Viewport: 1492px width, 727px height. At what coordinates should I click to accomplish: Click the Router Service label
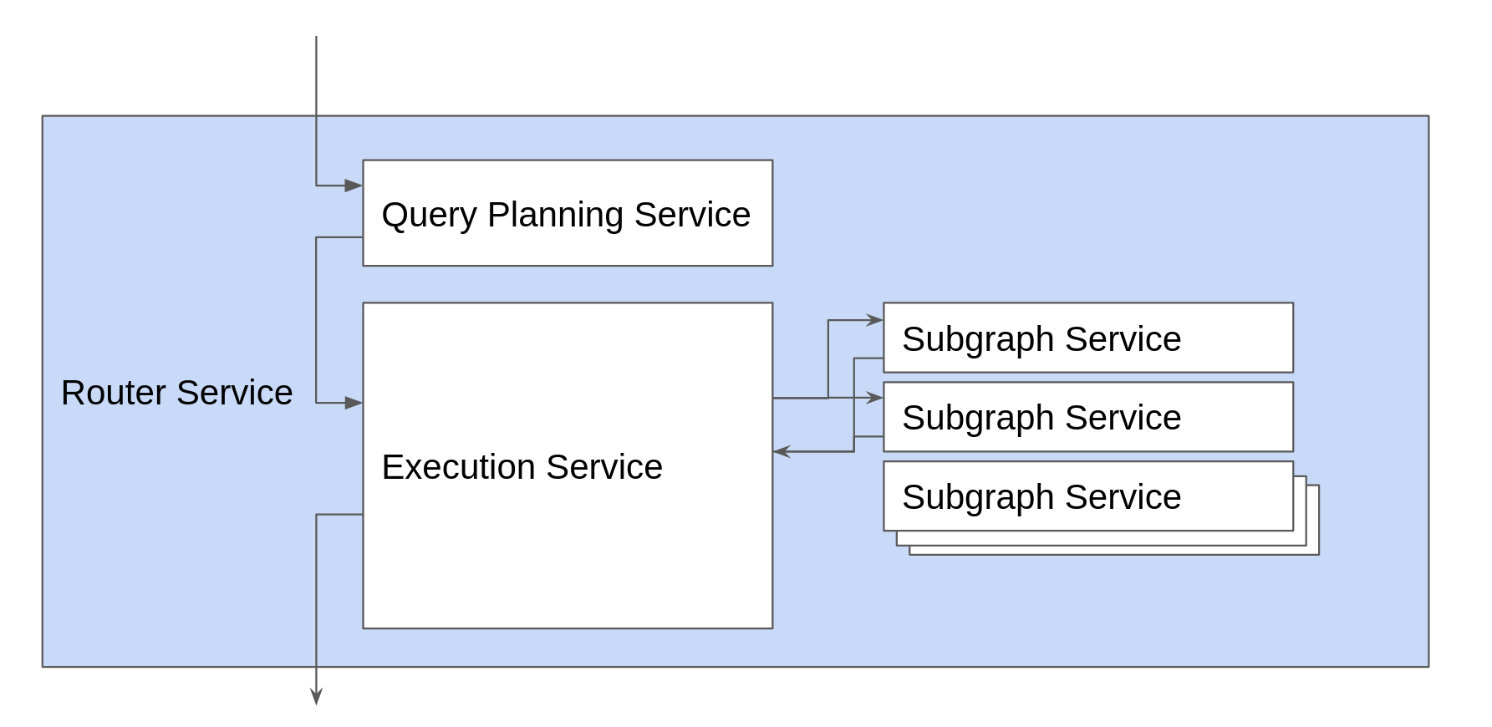[176, 393]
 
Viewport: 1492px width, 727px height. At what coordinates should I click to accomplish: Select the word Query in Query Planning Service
[430, 215]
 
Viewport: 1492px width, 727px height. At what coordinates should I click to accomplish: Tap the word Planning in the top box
[555, 215]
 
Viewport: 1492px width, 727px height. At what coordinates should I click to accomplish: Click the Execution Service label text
[522, 467]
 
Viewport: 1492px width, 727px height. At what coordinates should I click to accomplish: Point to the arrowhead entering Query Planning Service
[354, 186]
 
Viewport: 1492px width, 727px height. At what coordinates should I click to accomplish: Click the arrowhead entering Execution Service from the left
[354, 403]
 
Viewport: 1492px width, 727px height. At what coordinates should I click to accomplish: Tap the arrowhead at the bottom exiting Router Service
[316, 697]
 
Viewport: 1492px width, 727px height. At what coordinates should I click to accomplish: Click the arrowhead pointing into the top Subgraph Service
[875, 320]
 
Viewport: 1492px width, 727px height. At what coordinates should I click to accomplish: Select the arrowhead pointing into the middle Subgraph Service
[875, 398]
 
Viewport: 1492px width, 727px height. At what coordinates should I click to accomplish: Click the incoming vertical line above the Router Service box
[316, 75]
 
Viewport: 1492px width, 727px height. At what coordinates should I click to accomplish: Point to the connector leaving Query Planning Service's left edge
[339, 237]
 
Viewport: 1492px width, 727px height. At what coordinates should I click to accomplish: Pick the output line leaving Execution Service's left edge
[339, 515]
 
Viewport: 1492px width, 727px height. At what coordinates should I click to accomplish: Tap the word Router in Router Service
[113, 393]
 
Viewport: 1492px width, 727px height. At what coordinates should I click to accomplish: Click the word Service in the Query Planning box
[692, 215]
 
